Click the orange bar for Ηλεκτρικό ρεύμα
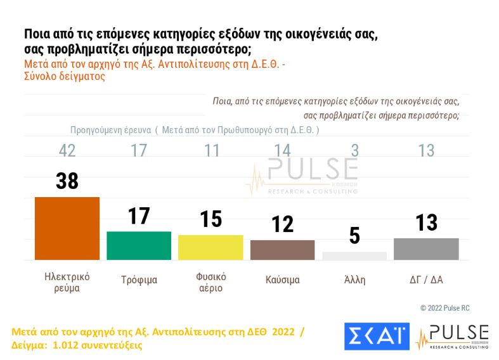[67, 228]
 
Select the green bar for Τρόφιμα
[139, 245]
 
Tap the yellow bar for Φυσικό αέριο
[211, 247]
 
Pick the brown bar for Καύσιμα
[283, 250]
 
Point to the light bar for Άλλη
[354, 255]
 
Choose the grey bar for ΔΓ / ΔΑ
[426, 248]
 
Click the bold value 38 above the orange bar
[67, 181]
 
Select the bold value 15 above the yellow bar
[211, 219]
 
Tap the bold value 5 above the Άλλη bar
[354, 236]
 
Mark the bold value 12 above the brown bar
[283, 224]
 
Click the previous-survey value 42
[67, 151]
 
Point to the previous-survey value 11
[211, 151]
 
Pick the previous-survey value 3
[354, 151]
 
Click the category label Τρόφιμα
[139, 280]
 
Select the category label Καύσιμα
[283, 280]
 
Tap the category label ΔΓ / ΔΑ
[426, 280]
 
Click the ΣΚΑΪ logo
[377, 337]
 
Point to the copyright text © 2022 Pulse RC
[444, 308]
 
